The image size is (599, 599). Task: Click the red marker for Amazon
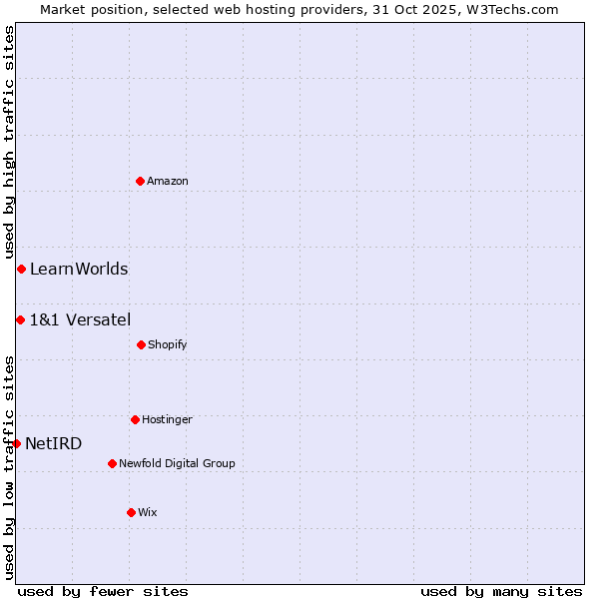(140, 181)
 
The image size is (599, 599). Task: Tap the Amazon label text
(168, 181)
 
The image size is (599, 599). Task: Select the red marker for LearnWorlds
(21, 269)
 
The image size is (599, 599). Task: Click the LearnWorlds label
(79, 269)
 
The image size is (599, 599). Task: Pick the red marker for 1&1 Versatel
(20, 319)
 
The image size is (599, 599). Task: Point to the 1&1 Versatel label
(80, 319)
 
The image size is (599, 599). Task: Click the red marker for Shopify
(141, 344)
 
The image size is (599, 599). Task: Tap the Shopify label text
(168, 344)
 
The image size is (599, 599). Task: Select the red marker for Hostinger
(135, 419)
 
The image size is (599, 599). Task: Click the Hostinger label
(167, 419)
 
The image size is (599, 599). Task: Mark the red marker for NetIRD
(16, 443)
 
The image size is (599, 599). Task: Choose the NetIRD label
(54, 443)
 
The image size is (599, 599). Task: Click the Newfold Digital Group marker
(112, 463)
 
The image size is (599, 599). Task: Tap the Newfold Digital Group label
(177, 463)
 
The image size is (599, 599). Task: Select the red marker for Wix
(131, 512)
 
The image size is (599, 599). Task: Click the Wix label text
(148, 512)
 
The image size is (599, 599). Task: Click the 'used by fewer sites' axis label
(103, 591)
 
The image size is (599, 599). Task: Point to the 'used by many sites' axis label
(501, 591)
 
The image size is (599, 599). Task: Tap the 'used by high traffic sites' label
(9, 143)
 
